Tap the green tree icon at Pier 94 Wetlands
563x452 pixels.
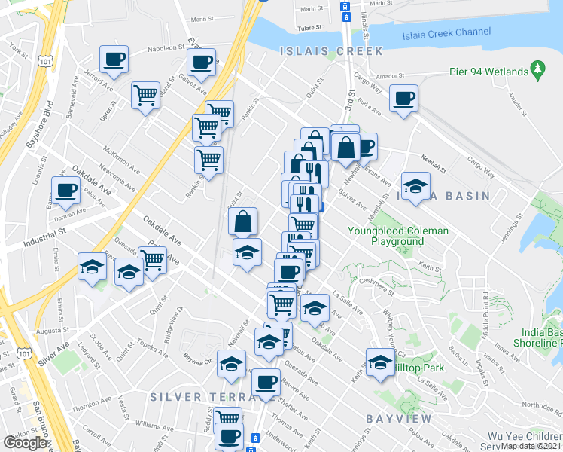537,71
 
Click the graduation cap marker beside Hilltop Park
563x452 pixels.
380,362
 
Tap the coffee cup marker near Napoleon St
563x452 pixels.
114,60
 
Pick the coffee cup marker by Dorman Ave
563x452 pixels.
65,191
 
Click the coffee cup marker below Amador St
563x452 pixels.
403,99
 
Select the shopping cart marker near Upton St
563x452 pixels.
145,96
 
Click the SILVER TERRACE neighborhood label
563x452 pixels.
196,397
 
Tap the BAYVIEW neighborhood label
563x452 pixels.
399,417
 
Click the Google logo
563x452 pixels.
25,443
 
